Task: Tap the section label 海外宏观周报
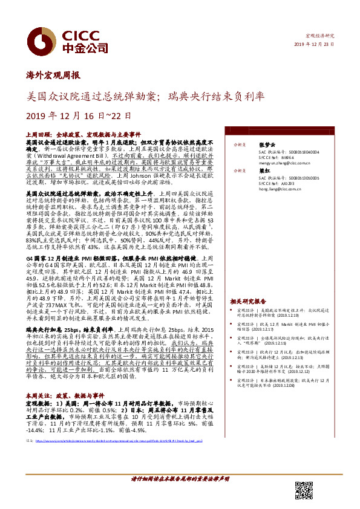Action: tap(55, 76)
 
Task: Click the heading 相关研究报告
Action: tap(248, 300)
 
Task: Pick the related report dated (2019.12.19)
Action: tap(296, 315)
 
